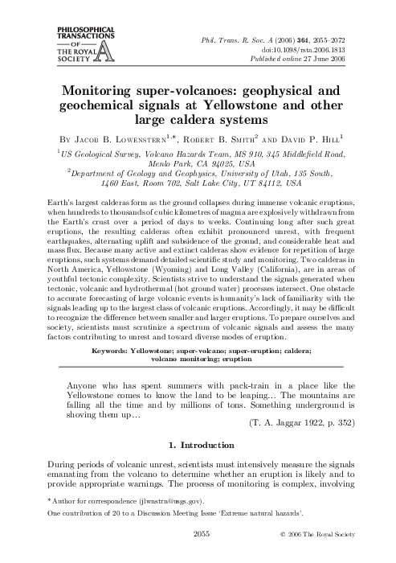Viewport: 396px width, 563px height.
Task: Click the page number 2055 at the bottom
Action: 198,554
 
